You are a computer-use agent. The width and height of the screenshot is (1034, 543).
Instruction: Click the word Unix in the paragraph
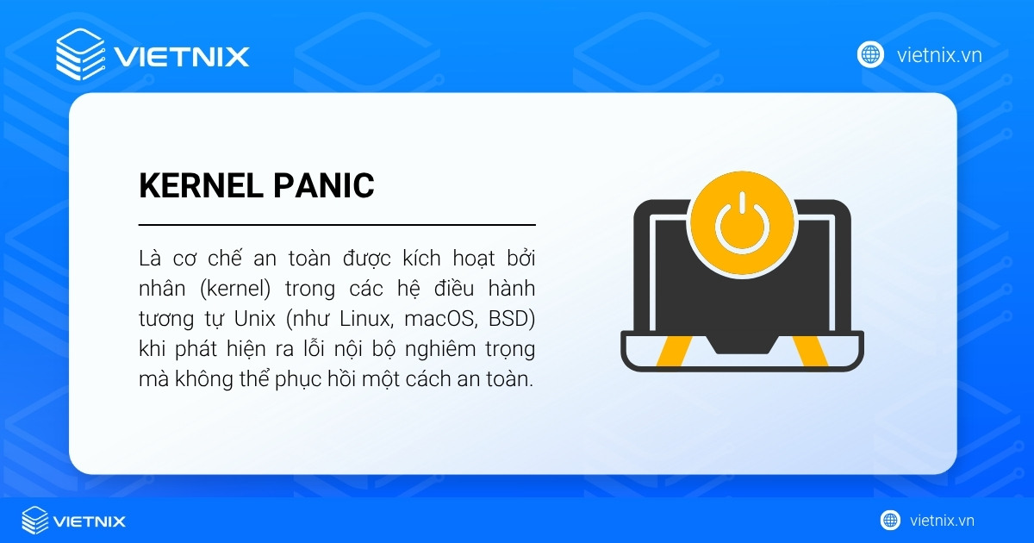tap(254, 319)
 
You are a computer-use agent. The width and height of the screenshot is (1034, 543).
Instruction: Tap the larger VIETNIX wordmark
tap(181, 57)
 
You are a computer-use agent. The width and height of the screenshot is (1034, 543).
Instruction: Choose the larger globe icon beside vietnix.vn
tap(870, 54)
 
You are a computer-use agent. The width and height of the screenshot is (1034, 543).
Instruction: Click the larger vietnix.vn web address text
tap(939, 55)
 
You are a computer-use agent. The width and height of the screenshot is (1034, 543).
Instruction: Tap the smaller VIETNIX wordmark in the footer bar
tap(90, 521)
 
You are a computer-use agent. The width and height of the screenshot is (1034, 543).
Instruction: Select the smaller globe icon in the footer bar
tap(890, 520)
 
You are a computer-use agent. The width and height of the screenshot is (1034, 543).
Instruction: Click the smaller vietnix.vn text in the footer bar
tap(942, 521)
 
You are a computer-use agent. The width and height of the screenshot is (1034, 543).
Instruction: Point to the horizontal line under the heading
tap(337, 224)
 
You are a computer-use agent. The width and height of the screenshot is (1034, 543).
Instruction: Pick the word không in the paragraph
tap(197, 379)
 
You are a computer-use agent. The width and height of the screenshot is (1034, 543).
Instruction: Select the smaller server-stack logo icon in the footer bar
tap(35, 520)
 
